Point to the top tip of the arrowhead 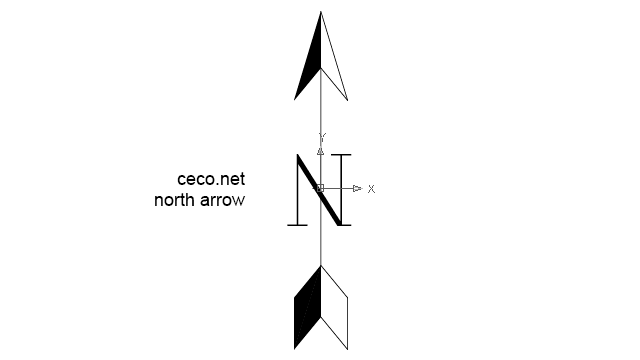tap(321, 13)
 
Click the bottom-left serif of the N tap(297, 225)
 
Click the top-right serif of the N tap(342, 155)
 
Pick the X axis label tap(371, 188)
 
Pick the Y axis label tap(321, 136)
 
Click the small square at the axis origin tap(320, 188)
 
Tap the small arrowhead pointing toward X tap(357, 188)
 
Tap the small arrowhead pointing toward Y tap(320, 151)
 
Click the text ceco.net tap(210, 180)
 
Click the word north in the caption tap(177, 200)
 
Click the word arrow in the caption tap(224, 200)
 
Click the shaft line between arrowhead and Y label tap(320, 115)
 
